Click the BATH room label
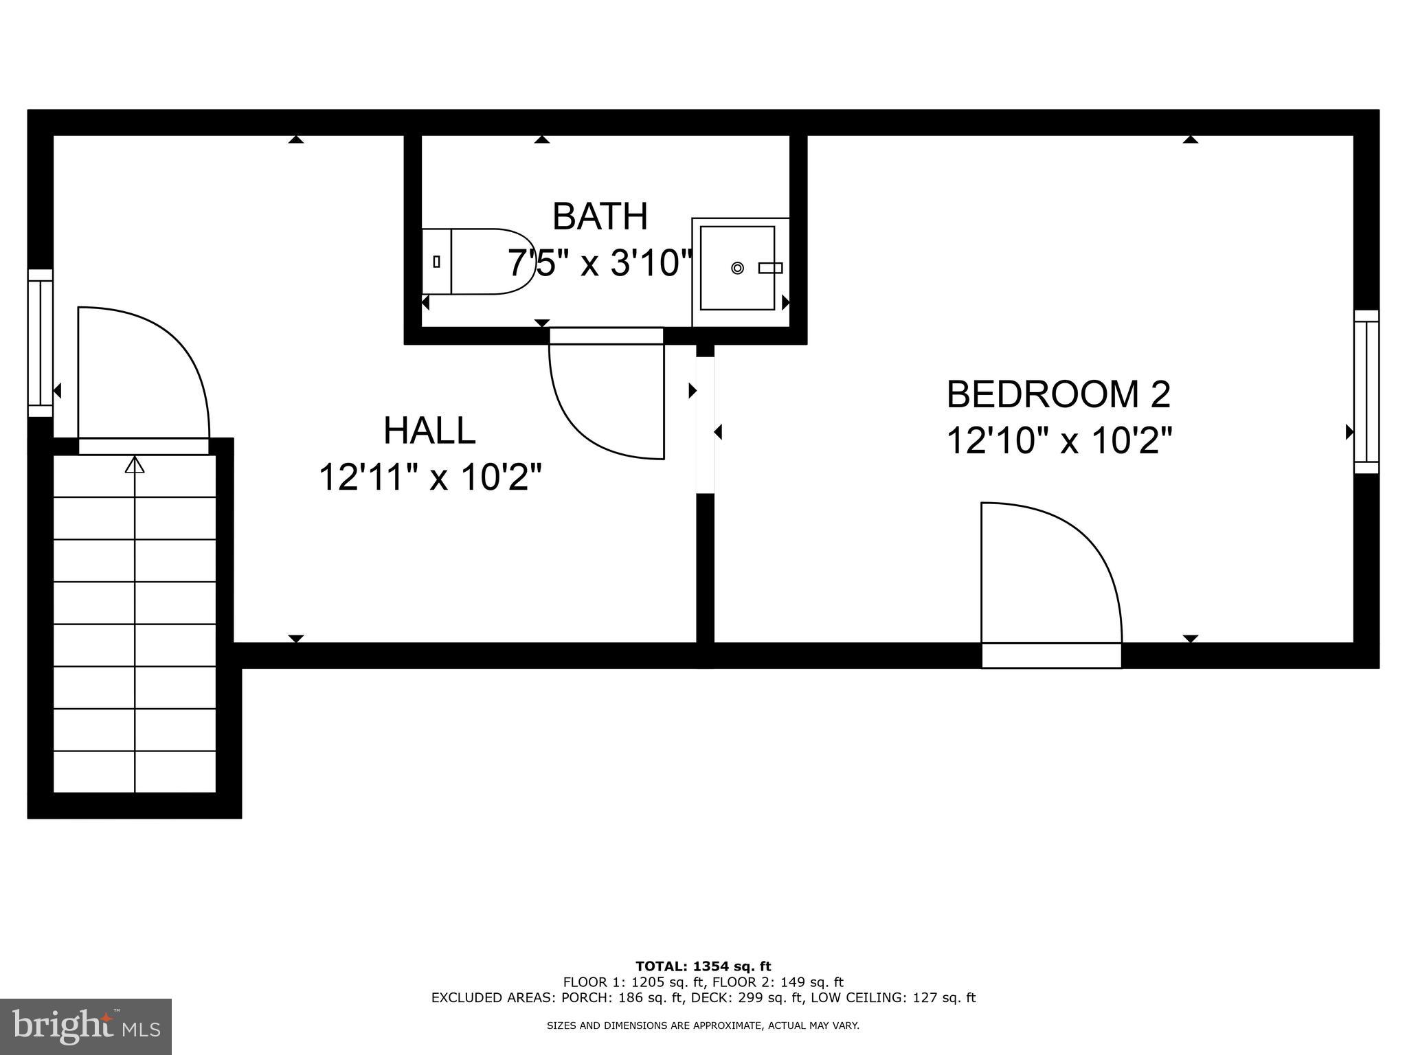pos(600,216)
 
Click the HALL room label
pos(429,431)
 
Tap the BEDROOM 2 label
pos(1058,394)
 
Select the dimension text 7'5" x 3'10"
pos(600,263)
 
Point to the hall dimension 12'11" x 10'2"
pos(431,477)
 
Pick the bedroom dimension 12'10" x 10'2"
pos(1059,440)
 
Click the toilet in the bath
pos(481,262)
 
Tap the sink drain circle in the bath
pos(737,268)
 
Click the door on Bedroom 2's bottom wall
pos(1051,584)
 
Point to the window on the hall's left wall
pos(41,343)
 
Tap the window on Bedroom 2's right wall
pos(1366,392)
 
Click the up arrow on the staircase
pos(135,466)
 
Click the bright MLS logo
pos(85,1026)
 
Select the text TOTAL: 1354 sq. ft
pos(703,967)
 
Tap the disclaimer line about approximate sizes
pos(703,1025)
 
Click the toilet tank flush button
pos(437,261)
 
